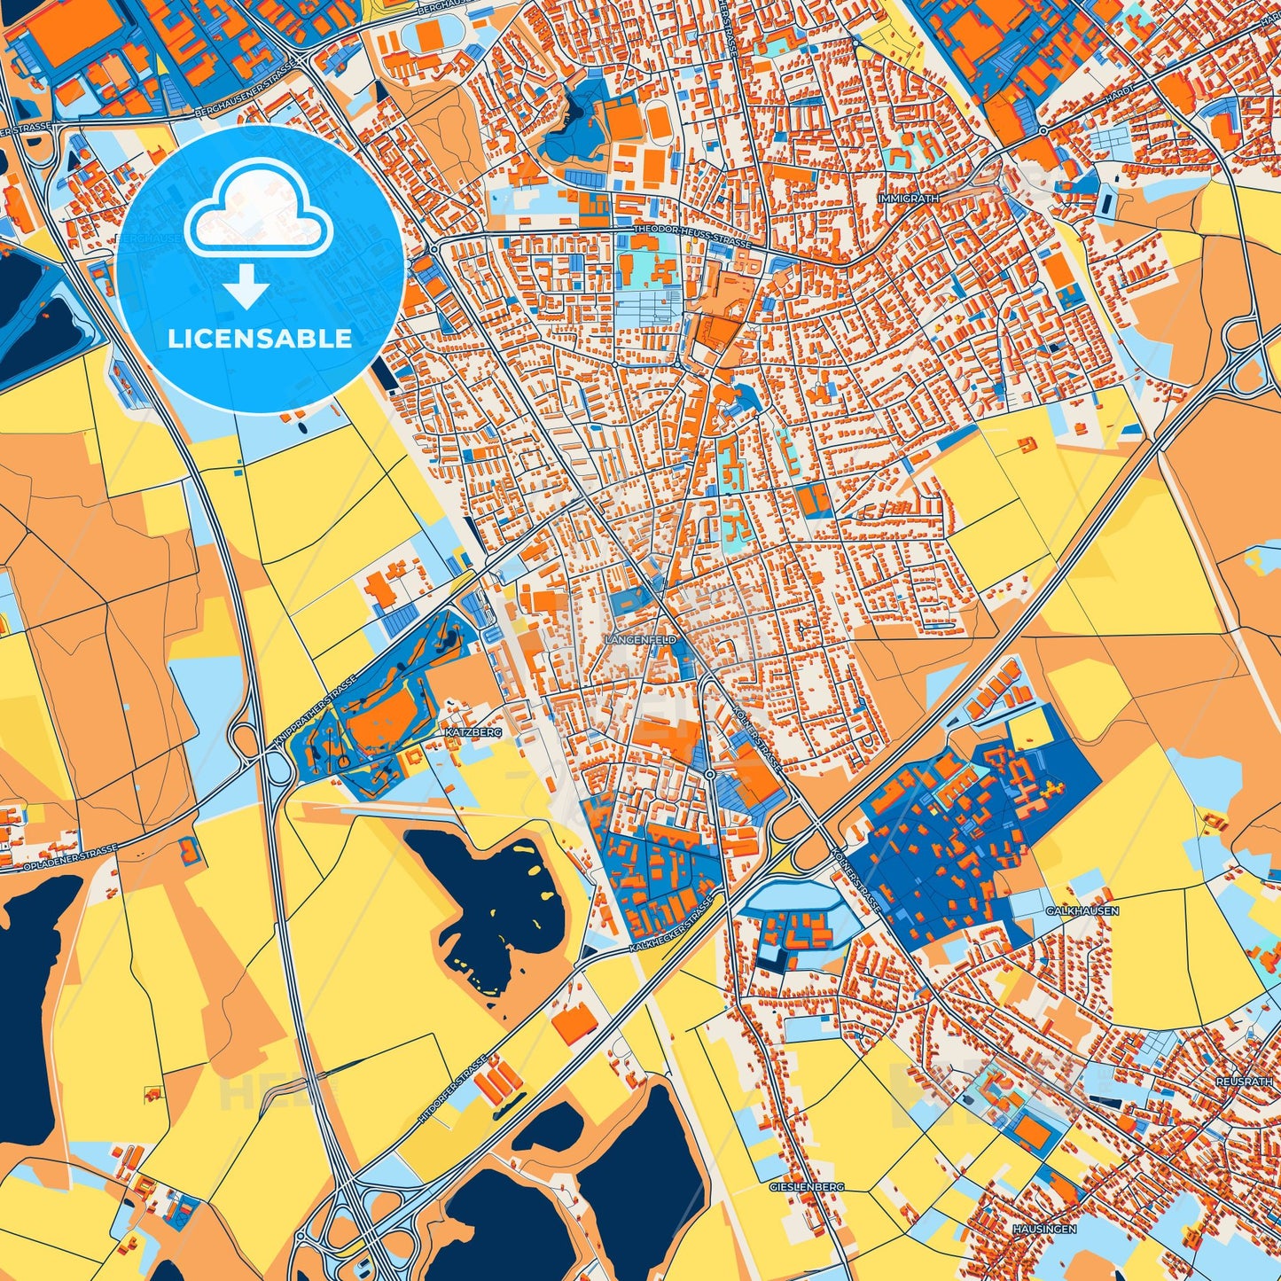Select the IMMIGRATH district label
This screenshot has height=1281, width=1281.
pyautogui.click(x=908, y=199)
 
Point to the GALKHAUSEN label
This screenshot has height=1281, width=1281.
pyautogui.click(x=1082, y=910)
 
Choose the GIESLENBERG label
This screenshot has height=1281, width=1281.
pyautogui.click(x=807, y=1186)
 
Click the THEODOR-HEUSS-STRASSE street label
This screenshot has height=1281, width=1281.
pyautogui.click(x=691, y=235)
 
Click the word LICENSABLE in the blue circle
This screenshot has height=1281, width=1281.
pyautogui.click(x=260, y=339)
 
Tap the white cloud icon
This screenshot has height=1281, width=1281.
pyautogui.click(x=259, y=206)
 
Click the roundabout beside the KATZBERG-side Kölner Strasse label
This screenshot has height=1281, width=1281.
pyautogui.click(x=710, y=775)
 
